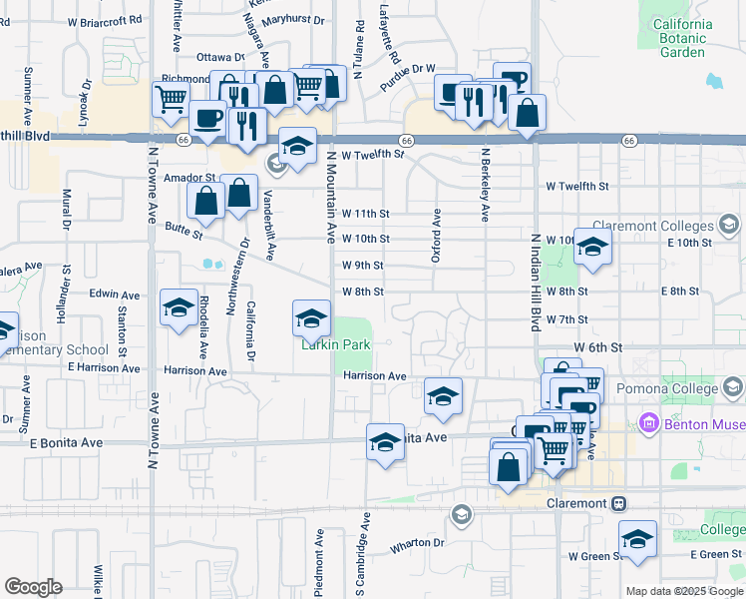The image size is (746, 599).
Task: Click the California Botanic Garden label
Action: [x=682, y=38]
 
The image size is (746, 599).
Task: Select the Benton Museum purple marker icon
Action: [x=650, y=423]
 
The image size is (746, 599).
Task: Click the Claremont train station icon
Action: [x=619, y=503]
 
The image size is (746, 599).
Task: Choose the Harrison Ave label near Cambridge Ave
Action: [x=374, y=376]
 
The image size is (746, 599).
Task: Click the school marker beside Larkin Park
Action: [x=311, y=318]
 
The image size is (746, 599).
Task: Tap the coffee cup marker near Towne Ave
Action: [x=207, y=119]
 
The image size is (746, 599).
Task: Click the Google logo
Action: [x=33, y=587]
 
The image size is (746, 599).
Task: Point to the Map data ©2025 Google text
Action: [x=684, y=591]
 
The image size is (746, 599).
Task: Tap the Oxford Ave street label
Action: [x=436, y=236]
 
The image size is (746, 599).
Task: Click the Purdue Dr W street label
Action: [x=408, y=69]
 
